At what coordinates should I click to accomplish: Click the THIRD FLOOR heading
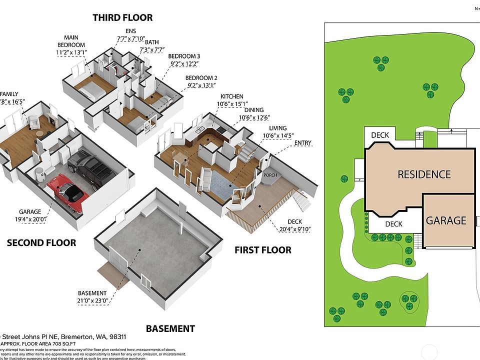122,18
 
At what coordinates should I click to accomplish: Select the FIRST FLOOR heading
263,249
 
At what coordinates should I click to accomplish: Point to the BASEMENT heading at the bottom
170,328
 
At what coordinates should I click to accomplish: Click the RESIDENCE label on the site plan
424,174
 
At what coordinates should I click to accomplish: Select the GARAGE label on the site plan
446,220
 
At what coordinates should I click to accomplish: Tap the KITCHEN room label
232,96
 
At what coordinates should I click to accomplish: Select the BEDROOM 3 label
184,56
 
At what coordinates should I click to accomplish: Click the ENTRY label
302,143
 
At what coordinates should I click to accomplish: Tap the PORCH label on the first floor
270,175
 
